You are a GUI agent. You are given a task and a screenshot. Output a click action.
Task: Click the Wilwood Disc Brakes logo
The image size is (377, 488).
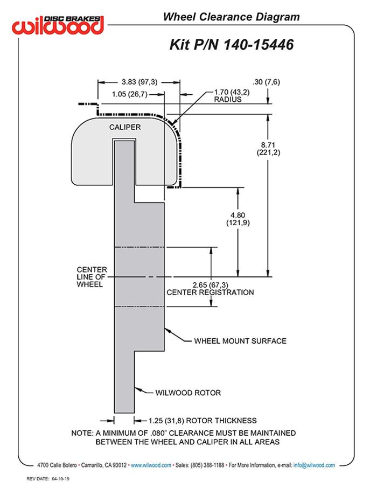(59, 24)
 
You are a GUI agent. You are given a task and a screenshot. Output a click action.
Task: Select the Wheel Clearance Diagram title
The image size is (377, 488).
(231, 17)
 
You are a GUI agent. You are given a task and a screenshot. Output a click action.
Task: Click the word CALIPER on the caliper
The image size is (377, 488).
(124, 127)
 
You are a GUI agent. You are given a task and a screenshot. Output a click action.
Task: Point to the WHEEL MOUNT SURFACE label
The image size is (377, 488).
(240, 340)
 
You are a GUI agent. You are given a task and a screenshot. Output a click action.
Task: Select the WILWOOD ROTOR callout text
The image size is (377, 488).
(188, 393)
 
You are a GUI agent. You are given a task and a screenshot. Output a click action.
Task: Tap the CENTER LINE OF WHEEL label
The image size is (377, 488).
(92, 277)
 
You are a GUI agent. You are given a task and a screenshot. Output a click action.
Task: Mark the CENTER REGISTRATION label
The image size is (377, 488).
(210, 292)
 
